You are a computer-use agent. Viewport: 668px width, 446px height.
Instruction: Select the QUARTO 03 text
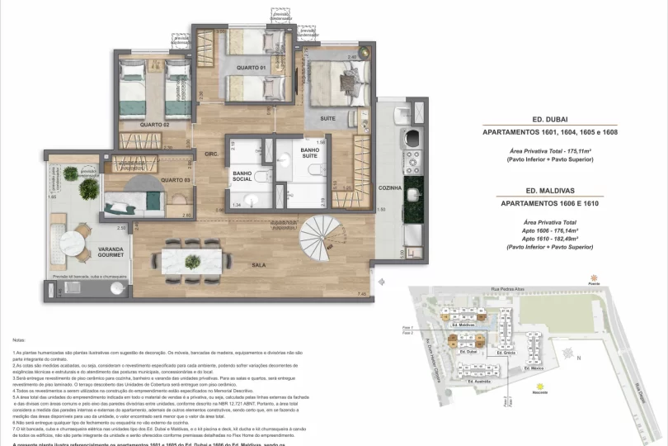tap(176, 179)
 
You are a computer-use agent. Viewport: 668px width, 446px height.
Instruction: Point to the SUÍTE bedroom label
tap(327, 119)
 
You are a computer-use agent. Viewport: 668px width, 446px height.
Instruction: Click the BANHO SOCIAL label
tap(242, 174)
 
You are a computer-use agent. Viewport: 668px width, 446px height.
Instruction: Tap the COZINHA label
tap(390, 188)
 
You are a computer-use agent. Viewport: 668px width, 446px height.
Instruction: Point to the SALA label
tap(258, 266)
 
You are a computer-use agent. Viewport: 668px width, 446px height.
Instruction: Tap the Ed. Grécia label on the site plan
tap(504, 353)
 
